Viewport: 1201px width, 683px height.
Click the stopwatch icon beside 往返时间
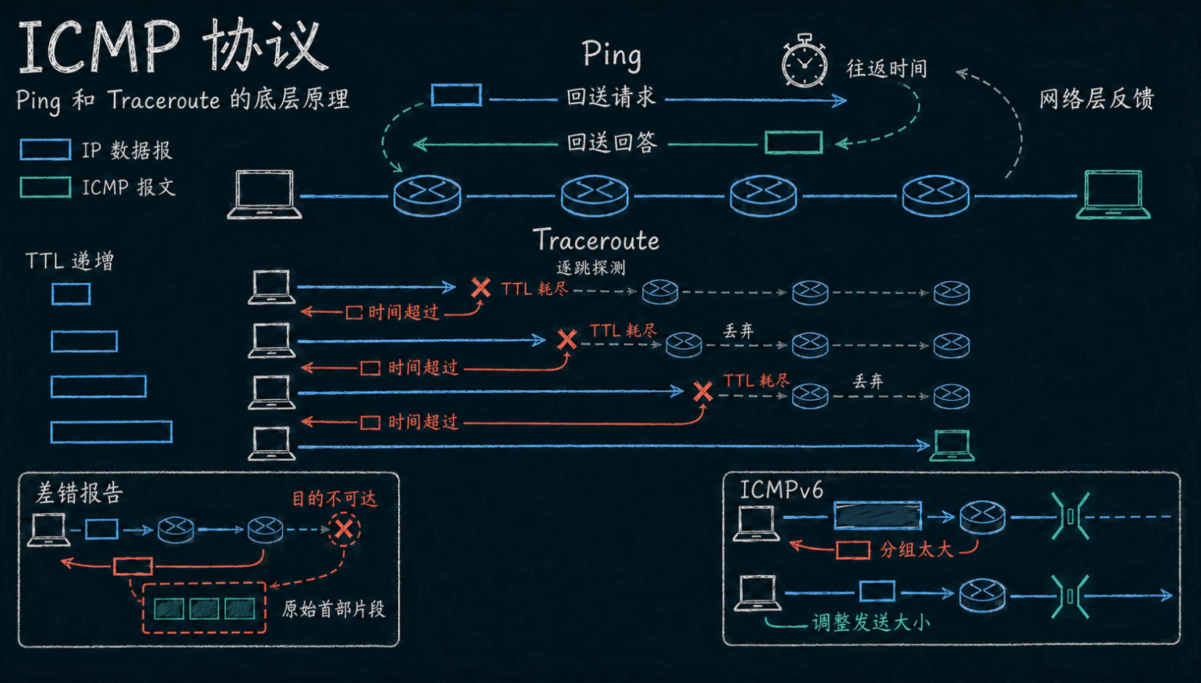(804, 60)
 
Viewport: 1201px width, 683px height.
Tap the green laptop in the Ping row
(1113, 195)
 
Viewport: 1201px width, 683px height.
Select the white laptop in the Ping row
(264, 195)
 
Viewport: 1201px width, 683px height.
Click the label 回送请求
(611, 97)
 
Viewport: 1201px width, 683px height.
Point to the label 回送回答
(612, 142)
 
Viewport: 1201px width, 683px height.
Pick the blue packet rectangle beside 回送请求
(456, 95)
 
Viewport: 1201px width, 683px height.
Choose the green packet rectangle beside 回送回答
(793, 142)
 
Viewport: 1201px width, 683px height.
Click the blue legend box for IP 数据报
(46, 150)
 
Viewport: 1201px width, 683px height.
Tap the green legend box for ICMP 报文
(46, 187)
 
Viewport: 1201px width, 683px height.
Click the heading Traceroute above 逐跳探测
(596, 239)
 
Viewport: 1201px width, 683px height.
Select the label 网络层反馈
(1097, 99)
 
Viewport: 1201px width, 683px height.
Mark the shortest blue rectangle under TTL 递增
(71, 294)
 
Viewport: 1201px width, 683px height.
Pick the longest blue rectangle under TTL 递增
(112, 432)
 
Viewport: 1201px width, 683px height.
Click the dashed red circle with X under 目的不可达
(344, 530)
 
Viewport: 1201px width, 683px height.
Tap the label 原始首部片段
(333, 609)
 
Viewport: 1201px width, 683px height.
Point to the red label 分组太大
(916, 549)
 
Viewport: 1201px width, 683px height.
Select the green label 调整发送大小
(870, 623)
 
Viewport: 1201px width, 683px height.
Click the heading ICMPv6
(781, 490)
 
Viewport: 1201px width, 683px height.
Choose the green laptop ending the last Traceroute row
(952, 445)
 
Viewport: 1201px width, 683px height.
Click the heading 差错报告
(79, 493)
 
